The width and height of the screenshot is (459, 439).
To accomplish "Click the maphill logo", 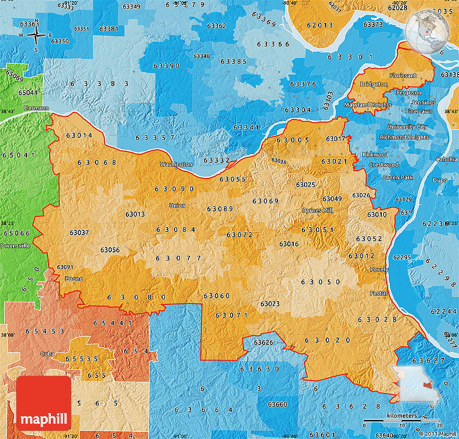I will point(44,404).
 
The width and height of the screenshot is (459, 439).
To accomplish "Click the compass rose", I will point(36,36).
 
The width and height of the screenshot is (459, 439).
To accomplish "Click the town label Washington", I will point(176,164).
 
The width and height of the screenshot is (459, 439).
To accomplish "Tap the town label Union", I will point(177,205).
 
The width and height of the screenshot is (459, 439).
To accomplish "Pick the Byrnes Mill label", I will point(318,210).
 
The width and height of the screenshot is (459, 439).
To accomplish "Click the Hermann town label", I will point(36,109).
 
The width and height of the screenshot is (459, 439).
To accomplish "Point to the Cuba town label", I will point(47,354).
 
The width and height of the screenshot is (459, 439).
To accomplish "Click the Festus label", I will point(379,294).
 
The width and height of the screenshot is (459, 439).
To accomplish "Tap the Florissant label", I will point(403,76).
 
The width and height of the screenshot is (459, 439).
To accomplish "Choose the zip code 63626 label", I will point(264,343).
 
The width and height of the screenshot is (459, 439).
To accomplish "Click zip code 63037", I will point(79,232).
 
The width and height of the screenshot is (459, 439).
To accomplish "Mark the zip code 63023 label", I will point(270,304).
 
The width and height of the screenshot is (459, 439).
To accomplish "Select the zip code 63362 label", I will point(217,25).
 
